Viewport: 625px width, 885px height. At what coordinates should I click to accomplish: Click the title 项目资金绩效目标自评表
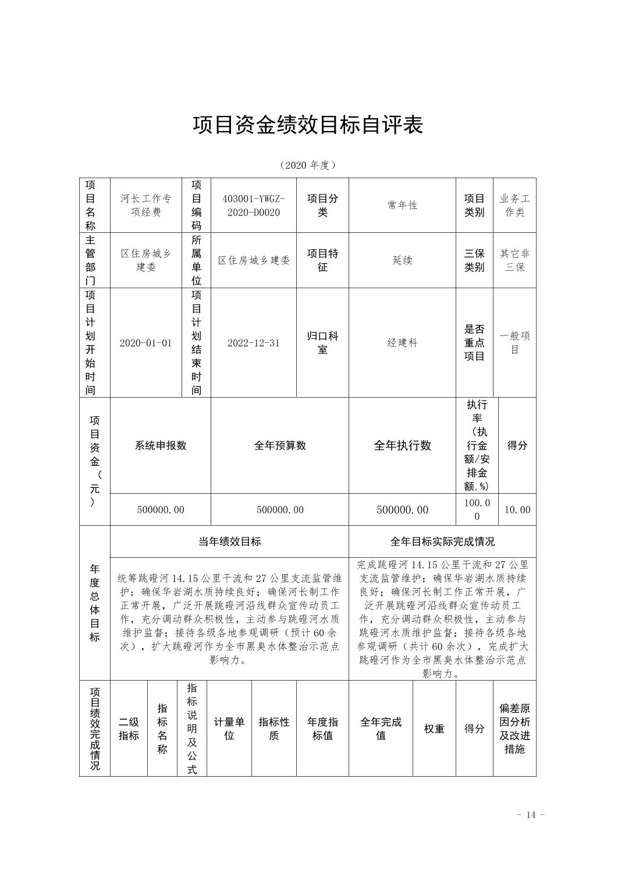point(308,125)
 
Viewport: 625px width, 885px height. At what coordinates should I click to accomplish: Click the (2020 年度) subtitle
point(308,165)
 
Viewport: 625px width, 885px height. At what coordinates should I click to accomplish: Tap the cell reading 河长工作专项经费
point(145,206)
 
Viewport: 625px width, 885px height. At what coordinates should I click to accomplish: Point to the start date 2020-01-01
point(145,343)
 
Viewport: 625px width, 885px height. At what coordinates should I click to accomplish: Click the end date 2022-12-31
point(253,343)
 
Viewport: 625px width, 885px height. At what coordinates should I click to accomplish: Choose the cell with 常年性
point(402,206)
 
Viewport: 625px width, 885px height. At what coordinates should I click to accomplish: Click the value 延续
point(402,260)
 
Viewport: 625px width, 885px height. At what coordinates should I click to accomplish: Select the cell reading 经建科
point(402,343)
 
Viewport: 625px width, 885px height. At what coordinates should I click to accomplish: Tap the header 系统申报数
point(161,445)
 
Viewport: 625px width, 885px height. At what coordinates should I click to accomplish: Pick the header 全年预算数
point(280,445)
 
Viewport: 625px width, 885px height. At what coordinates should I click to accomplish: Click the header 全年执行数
point(402,445)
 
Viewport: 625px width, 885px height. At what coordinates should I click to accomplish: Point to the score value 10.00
point(517,510)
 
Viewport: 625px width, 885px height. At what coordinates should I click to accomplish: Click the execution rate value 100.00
point(477,509)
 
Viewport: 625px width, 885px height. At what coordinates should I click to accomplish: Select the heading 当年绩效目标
point(229,541)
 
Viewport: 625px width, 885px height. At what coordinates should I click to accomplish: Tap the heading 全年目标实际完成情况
point(442,541)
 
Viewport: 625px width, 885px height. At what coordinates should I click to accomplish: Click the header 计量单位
point(229,728)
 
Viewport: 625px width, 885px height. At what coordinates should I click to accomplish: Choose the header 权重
point(434,729)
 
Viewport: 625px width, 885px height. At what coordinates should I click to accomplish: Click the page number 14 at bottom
point(530,815)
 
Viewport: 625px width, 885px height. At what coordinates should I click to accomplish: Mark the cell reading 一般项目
point(514,343)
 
